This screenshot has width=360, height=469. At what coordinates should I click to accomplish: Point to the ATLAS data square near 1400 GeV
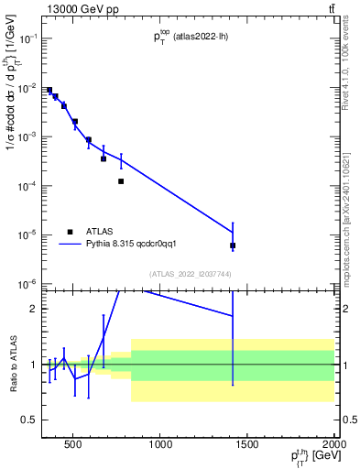[233, 245]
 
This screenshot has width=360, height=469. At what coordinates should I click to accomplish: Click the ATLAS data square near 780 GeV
[121, 181]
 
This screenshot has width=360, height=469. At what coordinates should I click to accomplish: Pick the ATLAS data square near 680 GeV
[104, 158]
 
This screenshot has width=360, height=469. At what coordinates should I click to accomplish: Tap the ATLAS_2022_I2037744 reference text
[190, 274]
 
